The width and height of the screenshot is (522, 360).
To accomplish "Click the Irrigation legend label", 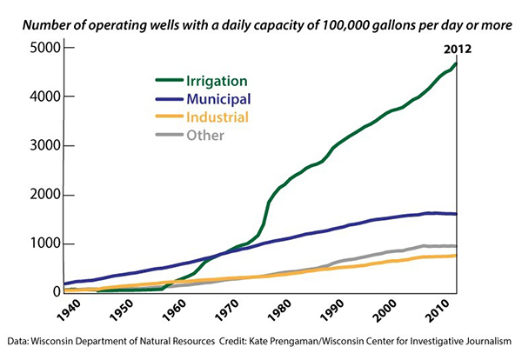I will coord(221,80).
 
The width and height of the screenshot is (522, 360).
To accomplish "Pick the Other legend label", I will coord(204,135).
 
